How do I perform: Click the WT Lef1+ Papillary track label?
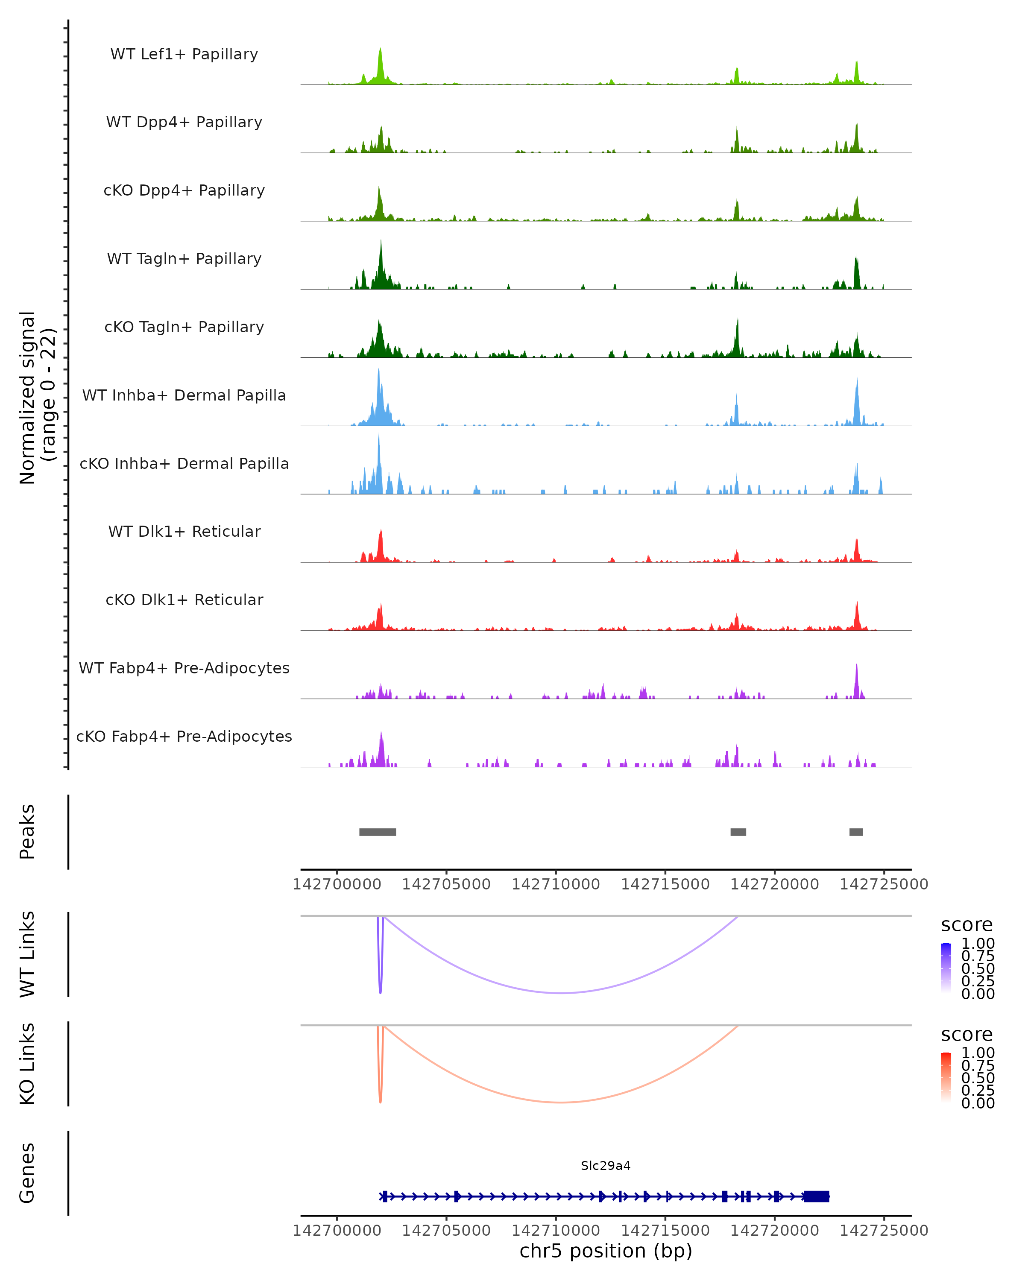(184, 54)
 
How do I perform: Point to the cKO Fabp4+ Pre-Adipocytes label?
(184, 736)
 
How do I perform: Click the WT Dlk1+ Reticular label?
(184, 531)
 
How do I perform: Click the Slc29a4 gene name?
(606, 1166)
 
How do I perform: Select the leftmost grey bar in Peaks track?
(377, 832)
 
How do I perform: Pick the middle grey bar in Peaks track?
(738, 832)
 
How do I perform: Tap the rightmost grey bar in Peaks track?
(855, 832)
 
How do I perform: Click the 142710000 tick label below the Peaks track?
(556, 884)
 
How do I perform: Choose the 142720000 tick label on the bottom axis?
(774, 1231)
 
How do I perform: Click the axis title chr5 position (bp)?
(606, 1251)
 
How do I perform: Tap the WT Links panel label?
(27, 954)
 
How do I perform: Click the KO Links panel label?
(27, 1064)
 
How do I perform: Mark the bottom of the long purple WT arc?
(562, 993)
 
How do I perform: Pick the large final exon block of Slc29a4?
(817, 1196)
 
